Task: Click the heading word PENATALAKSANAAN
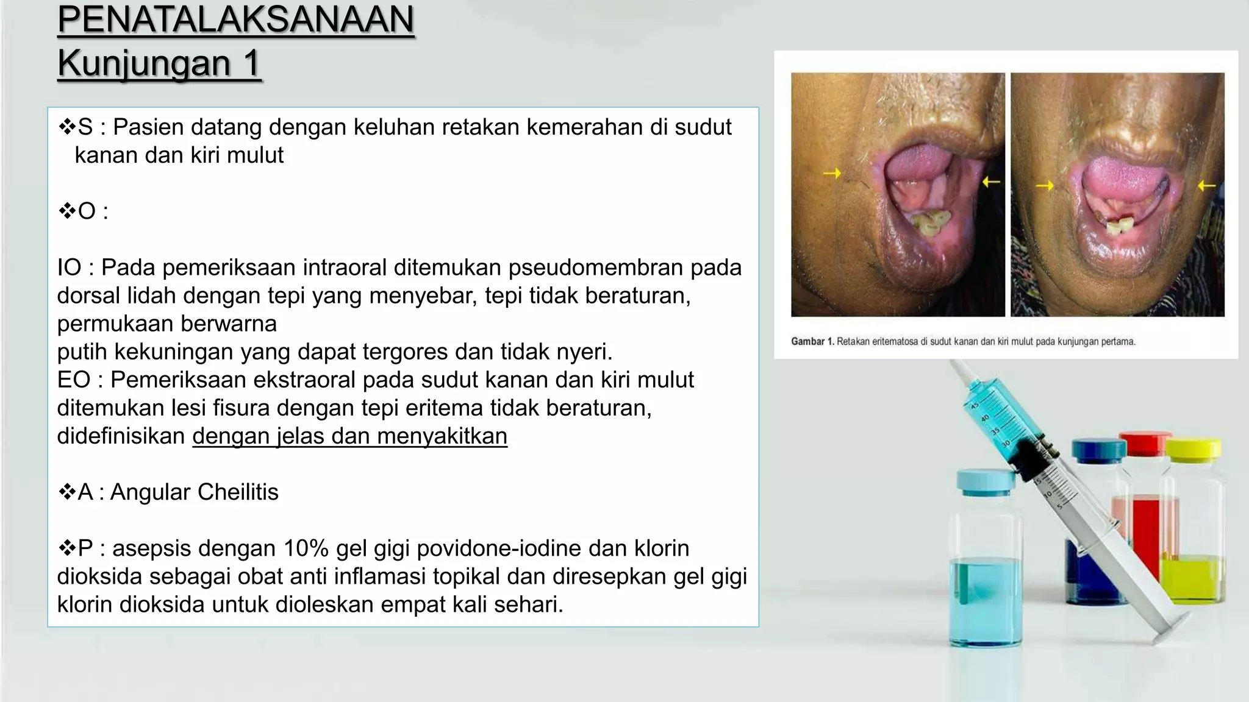pos(235,19)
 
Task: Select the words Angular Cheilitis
pos(194,492)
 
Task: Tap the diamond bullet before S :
pos(66,127)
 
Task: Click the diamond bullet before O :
pos(66,211)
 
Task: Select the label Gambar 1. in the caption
pos(812,342)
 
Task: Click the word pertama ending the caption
pos(1118,342)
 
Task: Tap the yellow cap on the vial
pos(1194,450)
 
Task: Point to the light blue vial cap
pos(984,481)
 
